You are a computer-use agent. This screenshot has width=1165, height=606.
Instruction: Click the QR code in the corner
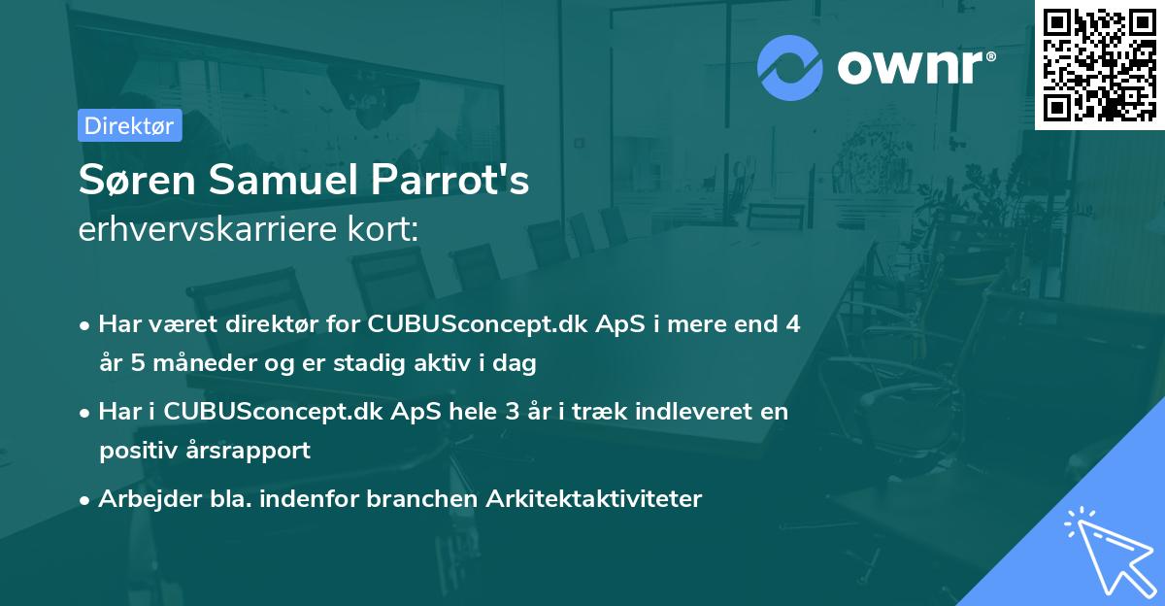pos(1099,64)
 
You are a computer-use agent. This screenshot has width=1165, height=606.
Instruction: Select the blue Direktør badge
pos(129,125)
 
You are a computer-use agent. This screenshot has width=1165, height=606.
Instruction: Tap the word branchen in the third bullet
pos(418,499)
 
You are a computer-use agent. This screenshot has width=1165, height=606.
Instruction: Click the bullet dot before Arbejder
pos(85,500)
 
